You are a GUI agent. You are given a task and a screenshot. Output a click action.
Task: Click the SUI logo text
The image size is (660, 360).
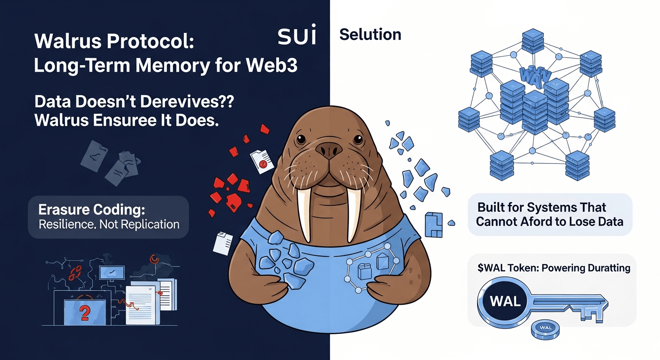coord(297,37)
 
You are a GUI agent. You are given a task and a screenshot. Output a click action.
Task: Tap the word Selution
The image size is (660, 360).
coord(370,34)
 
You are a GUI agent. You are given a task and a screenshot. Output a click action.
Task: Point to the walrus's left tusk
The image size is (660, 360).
coord(303,213)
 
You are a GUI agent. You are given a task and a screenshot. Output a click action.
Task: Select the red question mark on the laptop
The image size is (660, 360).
coord(85,312)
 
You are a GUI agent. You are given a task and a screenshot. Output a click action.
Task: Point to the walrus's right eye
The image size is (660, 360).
coord(358,140)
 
